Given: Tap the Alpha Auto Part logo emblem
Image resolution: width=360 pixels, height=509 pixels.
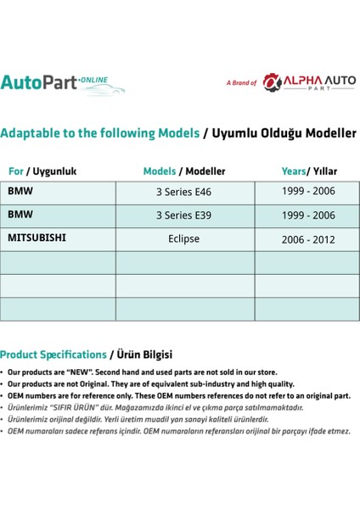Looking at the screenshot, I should point(271,81).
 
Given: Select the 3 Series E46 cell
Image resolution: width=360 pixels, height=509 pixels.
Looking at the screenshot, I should point(183,192).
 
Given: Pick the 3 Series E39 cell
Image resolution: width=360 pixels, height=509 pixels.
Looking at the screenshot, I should point(183,215).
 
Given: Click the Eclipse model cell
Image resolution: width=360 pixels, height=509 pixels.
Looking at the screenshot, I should point(183,238).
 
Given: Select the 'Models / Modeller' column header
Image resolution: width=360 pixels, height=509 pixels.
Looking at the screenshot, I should point(184,171).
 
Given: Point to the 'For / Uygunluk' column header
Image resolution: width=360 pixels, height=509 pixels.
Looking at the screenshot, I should point(42,171).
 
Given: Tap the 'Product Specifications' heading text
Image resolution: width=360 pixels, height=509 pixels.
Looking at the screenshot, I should point(53,354).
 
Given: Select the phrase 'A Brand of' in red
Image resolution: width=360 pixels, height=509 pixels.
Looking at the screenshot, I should point(241,83).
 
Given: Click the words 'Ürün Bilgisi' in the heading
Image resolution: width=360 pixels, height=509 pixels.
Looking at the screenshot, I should point(143,354).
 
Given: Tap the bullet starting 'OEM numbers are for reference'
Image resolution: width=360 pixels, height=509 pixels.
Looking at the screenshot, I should point(178,396).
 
